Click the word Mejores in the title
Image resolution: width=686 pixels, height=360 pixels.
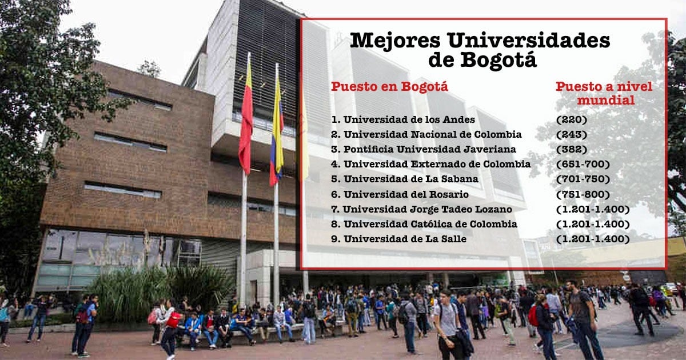pyautogui.click(x=396, y=41)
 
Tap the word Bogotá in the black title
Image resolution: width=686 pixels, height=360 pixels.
pyautogui.click(x=498, y=60)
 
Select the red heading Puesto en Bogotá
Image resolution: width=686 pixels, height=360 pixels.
pyautogui.click(x=389, y=87)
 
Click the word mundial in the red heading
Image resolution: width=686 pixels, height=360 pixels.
pyautogui.click(x=606, y=101)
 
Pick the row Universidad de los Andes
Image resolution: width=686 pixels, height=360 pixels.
pyautogui.click(x=403, y=119)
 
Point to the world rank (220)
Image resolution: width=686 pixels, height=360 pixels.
pyautogui.click(x=572, y=119)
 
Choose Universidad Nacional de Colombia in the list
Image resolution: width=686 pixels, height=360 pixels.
pyautogui.click(x=426, y=134)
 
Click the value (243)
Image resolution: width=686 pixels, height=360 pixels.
pyautogui.click(x=572, y=135)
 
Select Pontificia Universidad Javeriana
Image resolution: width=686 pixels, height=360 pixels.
pyautogui.click(x=424, y=149)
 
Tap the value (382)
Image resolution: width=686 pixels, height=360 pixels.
pyautogui.click(x=572, y=149)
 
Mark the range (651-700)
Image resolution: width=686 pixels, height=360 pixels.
pyautogui.click(x=583, y=165)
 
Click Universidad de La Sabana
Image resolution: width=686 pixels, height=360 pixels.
pyautogui.click(x=405, y=179)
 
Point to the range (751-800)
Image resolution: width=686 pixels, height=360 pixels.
pyautogui.click(x=583, y=194)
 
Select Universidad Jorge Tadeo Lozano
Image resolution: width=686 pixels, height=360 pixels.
pyautogui.click(x=421, y=209)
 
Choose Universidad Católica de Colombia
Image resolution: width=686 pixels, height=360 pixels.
pyautogui.click(x=424, y=225)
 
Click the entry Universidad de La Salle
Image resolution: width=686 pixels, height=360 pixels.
pyautogui.click(x=399, y=239)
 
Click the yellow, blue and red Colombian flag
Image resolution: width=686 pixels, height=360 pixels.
pyautogui.click(x=277, y=131)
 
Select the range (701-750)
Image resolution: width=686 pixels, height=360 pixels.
pyautogui.click(x=583, y=179)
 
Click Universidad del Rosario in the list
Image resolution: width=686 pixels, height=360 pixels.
pyautogui.click(x=400, y=194)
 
